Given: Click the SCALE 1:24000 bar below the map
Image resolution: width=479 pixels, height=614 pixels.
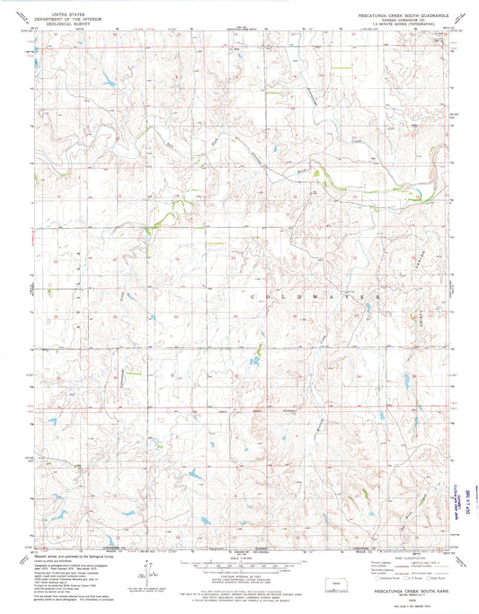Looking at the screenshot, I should click(240, 566).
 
